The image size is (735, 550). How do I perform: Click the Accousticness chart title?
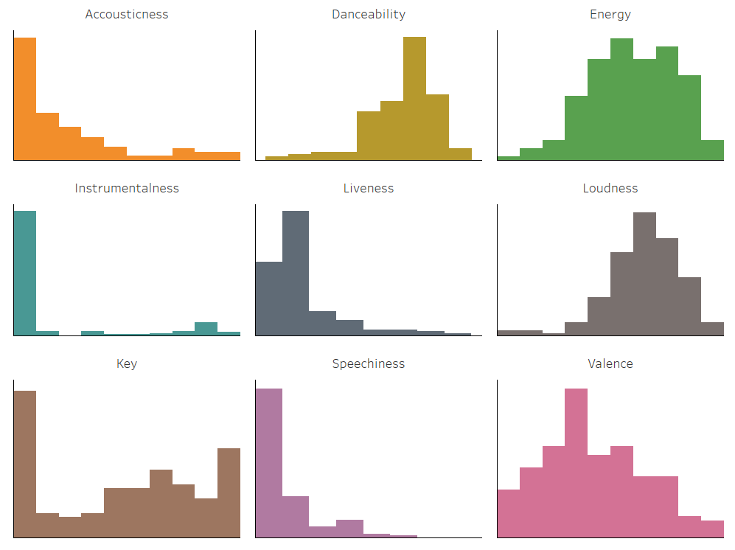click(x=127, y=14)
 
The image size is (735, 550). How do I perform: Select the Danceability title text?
click(x=369, y=14)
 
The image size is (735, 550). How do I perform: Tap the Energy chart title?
click(x=610, y=14)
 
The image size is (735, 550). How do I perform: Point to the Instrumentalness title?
click(x=127, y=188)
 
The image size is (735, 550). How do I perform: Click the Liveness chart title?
click(x=369, y=188)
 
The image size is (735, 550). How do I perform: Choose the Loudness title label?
click(x=610, y=188)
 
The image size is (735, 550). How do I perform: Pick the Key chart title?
click(x=127, y=363)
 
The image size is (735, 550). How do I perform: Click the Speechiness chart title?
click(x=369, y=363)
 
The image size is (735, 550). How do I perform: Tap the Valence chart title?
click(x=610, y=363)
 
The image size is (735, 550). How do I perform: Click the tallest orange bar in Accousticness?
click(x=25, y=99)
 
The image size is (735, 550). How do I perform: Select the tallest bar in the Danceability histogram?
click(x=414, y=99)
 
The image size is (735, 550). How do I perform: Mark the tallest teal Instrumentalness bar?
click(x=25, y=273)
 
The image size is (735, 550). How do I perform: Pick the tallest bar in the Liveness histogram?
click(x=296, y=273)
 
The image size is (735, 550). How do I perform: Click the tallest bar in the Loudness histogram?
click(x=644, y=274)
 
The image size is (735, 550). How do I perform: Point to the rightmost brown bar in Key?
click(x=229, y=492)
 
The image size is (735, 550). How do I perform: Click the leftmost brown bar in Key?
click(x=25, y=464)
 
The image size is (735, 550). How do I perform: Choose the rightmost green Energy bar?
click(x=712, y=150)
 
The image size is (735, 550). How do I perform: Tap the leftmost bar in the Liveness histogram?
click(x=269, y=299)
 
